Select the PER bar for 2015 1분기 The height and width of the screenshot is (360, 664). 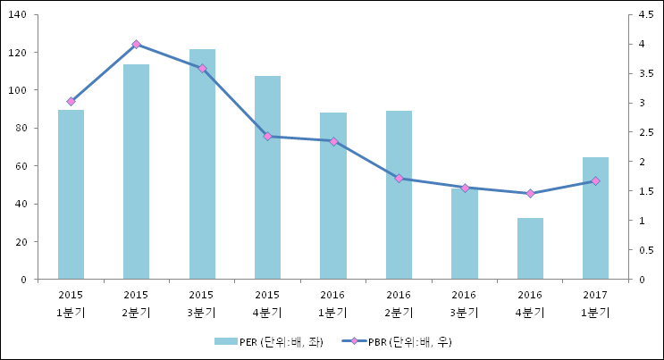(x=71, y=195)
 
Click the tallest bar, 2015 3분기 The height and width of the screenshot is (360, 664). (x=202, y=164)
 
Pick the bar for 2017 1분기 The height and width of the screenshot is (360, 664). (x=595, y=218)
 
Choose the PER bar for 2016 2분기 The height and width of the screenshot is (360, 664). (x=399, y=195)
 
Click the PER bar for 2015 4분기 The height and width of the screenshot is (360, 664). (x=267, y=178)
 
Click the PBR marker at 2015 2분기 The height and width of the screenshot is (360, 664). (x=136, y=44)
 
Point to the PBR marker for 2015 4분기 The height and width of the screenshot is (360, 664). (x=267, y=137)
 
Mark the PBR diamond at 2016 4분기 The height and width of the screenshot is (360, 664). (x=530, y=193)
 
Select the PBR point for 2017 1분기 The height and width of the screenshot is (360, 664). (x=595, y=181)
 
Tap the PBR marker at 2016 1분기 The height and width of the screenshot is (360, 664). (x=333, y=141)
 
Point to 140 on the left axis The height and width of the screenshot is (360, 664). (x=18, y=15)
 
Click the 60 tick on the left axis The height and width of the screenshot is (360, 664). (x=21, y=166)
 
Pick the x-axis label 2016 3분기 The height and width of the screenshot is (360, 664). (x=464, y=303)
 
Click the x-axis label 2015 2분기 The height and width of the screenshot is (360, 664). (x=136, y=303)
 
